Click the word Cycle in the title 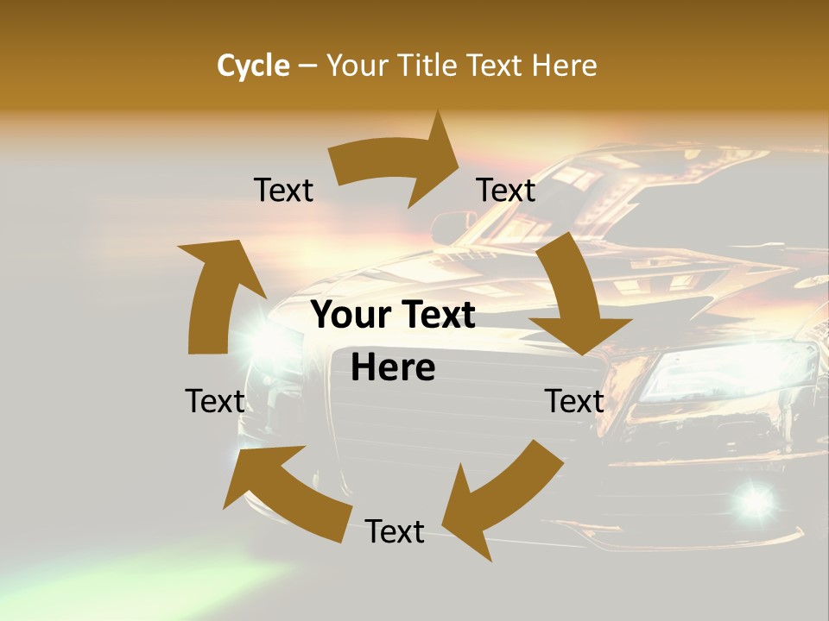coord(253,66)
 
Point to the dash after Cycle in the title coord(307,66)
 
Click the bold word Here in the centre coord(393,367)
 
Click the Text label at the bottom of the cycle coord(395,531)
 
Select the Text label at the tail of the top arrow coord(283,190)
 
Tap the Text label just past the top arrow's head coord(506,190)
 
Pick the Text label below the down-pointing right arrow coord(574,401)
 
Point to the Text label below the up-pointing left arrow coord(215,401)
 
